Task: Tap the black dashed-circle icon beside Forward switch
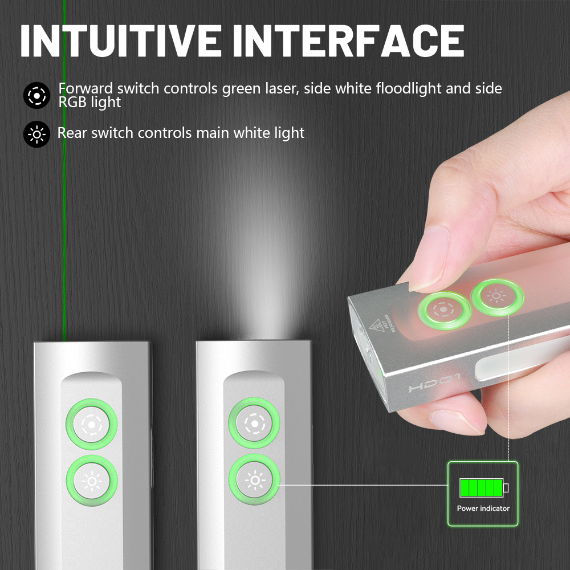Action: (x=37, y=96)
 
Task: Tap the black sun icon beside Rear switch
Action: (x=37, y=135)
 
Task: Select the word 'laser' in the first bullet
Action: (x=285, y=89)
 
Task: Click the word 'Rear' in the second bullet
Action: (x=72, y=133)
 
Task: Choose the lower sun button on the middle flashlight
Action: (x=254, y=481)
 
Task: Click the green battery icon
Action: (x=483, y=488)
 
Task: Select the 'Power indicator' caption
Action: (x=483, y=508)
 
